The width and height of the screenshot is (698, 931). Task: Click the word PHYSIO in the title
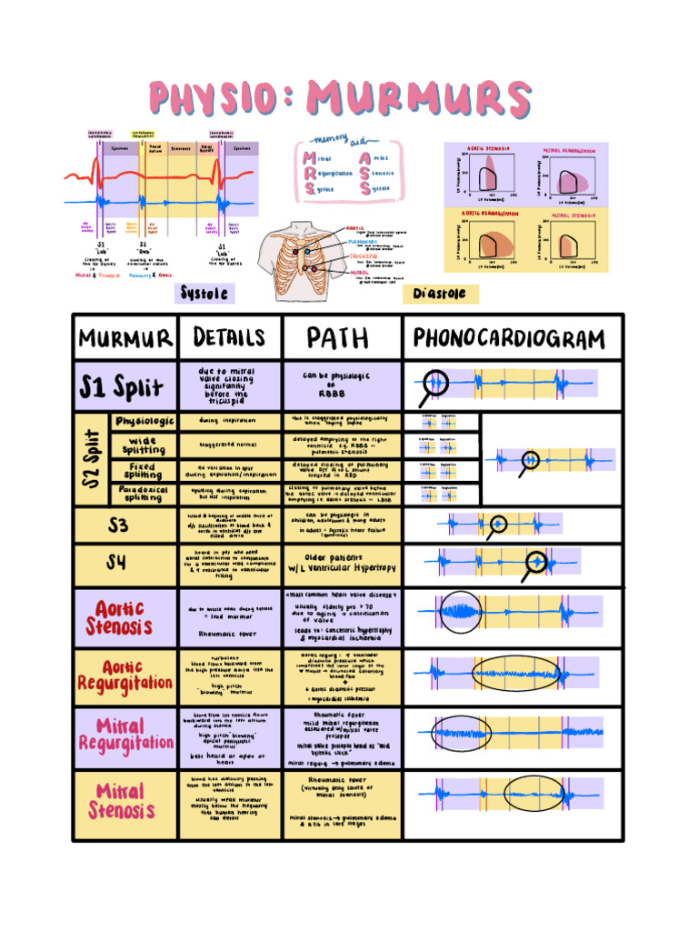(220, 99)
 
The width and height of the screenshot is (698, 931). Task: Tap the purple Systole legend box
(205, 293)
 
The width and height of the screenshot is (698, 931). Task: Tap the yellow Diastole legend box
(440, 294)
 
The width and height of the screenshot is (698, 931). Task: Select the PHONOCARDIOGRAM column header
(509, 339)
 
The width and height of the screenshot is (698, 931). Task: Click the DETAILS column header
(230, 338)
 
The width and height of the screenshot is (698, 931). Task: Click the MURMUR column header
(125, 340)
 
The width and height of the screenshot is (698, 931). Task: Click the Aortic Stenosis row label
(119, 618)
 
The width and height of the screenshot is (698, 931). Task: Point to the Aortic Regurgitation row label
(125, 675)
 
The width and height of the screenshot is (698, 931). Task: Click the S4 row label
(116, 565)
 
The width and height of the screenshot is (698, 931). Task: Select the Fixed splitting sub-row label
(143, 470)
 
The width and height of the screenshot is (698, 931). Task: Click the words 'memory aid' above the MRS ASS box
(336, 143)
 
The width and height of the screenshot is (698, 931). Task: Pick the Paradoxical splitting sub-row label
(143, 493)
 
